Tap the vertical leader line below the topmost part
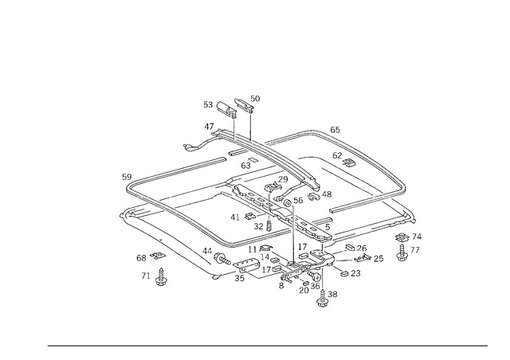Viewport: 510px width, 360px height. (x=250, y=122)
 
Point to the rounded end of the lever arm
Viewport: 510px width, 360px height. (x=186, y=147)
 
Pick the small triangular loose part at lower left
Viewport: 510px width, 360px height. (x=160, y=278)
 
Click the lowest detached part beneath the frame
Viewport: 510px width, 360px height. (x=324, y=300)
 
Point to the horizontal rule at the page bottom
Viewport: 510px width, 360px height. (x=267, y=345)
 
